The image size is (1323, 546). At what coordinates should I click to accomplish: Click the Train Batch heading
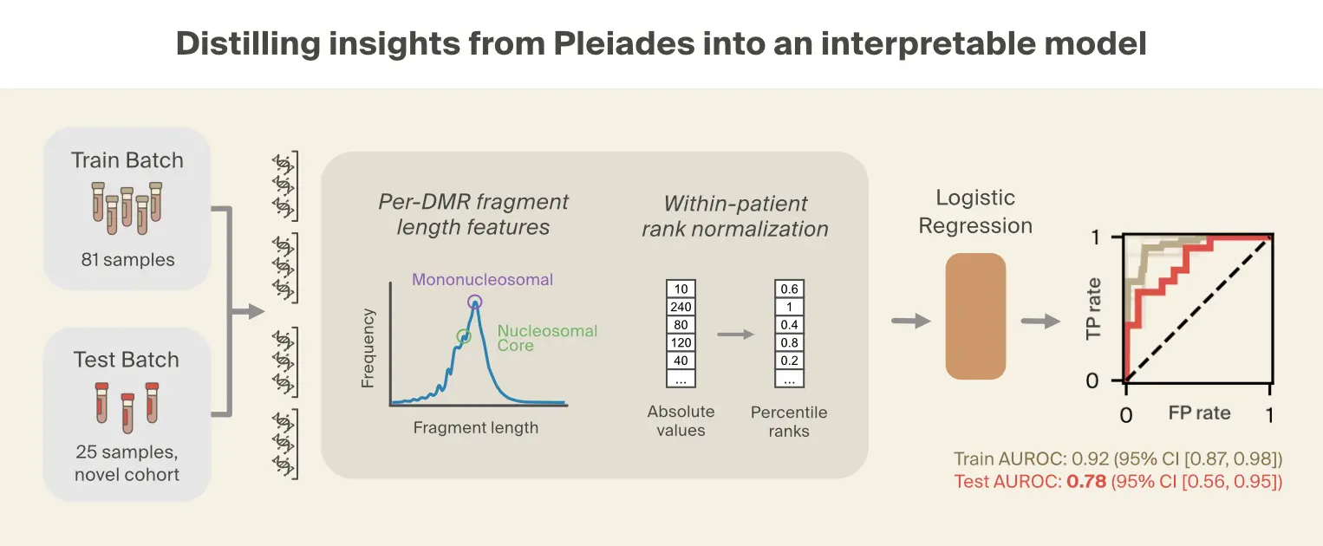(x=127, y=160)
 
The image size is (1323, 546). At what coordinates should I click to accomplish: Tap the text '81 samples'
(x=127, y=259)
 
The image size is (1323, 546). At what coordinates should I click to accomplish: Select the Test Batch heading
(x=127, y=360)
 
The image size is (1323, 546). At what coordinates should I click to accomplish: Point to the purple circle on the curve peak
(x=475, y=302)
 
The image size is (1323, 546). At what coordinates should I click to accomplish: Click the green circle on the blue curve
(x=464, y=336)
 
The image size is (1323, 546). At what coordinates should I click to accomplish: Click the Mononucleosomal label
(x=482, y=280)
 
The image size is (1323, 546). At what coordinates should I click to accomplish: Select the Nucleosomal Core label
(x=547, y=338)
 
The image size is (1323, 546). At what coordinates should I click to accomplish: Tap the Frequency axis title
(x=368, y=348)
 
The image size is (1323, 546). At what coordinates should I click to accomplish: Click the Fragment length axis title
(x=475, y=427)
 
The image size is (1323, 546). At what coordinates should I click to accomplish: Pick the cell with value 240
(x=681, y=307)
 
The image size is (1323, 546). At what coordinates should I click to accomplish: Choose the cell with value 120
(x=681, y=343)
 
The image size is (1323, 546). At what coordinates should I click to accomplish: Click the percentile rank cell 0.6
(x=789, y=289)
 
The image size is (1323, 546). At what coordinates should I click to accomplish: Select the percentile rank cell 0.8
(x=789, y=343)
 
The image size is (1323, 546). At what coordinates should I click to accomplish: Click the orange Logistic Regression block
(x=975, y=316)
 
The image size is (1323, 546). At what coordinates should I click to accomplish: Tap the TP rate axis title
(x=1094, y=308)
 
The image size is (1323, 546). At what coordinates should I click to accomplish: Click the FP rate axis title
(x=1199, y=413)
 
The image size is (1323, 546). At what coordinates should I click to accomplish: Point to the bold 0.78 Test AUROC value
(x=1086, y=482)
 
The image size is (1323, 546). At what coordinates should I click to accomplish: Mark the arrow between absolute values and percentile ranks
(x=735, y=334)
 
